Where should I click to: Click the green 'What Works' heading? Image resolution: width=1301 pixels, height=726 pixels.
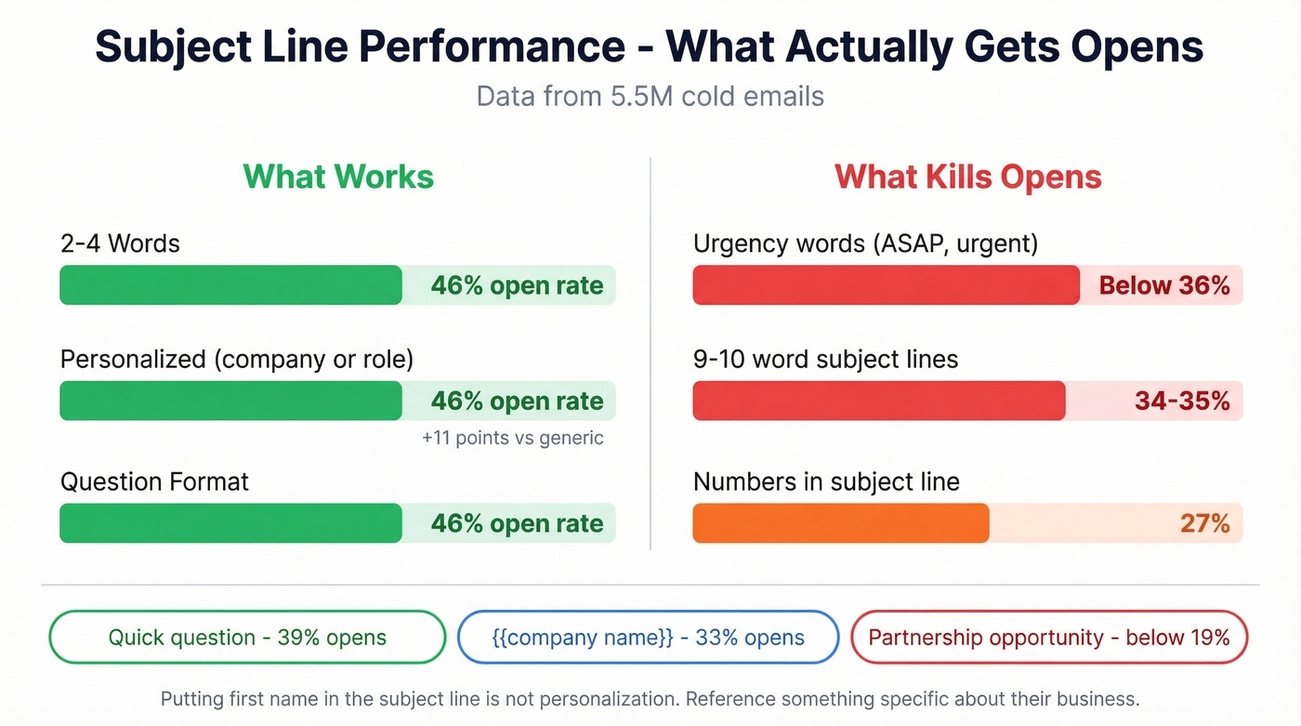pyautogui.click(x=338, y=177)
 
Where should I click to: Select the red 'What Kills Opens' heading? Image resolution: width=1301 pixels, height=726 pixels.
pyautogui.click(x=967, y=177)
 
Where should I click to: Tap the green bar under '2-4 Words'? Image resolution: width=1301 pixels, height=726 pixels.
pyautogui.click(x=230, y=285)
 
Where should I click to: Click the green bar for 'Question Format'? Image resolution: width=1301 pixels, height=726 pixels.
pyautogui.click(x=230, y=523)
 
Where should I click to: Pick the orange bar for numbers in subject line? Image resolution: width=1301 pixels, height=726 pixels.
pyautogui.click(x=840, y=523)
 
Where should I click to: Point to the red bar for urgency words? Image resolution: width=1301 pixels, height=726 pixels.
pyautogui.click(x=886, y=285)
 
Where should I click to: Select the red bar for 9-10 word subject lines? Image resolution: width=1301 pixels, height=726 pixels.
pyautogui.click(x=878, y=401)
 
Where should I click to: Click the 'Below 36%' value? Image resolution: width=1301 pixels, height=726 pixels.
pyautogui.click(x=1164, y=285)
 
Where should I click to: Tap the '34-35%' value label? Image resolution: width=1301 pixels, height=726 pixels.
pyautogui.click(x=1182, y=401)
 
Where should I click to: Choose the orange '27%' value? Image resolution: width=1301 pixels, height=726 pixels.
pyautogui.click(x=1205, y=523)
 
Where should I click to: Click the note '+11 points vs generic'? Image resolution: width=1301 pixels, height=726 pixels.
pyautogui.click(x=512, y=438)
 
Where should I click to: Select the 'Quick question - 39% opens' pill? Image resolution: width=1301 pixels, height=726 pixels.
pyautogui.click(x=247, y=638)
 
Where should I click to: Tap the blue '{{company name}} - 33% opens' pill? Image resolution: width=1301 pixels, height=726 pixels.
pyautogui.click(x=648, y=638)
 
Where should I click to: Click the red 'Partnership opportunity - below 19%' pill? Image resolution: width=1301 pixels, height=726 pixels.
pyautogui.click(x=1049, y=638)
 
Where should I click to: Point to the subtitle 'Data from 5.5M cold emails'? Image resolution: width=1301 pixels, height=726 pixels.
pyautogui.click(x=650, y=96)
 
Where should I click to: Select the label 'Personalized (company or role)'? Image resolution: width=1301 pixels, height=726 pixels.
pyautogui.click(x=237, y=360)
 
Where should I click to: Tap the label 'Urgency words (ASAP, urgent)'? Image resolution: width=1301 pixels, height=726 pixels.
pyautogui.click(x=865, y=244)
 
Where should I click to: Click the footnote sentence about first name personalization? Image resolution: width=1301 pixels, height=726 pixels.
pyautogui.click(x=650, y=698)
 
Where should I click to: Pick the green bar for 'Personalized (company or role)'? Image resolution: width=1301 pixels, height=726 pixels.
pyautogui.click(x=230, y=401)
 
